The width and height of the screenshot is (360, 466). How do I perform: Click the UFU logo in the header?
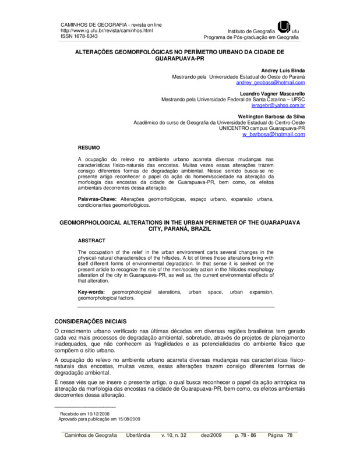(x=284, y=26)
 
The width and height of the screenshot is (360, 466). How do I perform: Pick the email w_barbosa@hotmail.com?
(x=274, y=134)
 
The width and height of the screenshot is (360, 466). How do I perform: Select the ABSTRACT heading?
(x=91, y=240)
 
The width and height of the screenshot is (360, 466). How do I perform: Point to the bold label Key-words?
(x=92, y=291)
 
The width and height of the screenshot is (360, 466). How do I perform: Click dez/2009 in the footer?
(x=210, y=435)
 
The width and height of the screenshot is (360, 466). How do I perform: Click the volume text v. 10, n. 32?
(x=174, y=435)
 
